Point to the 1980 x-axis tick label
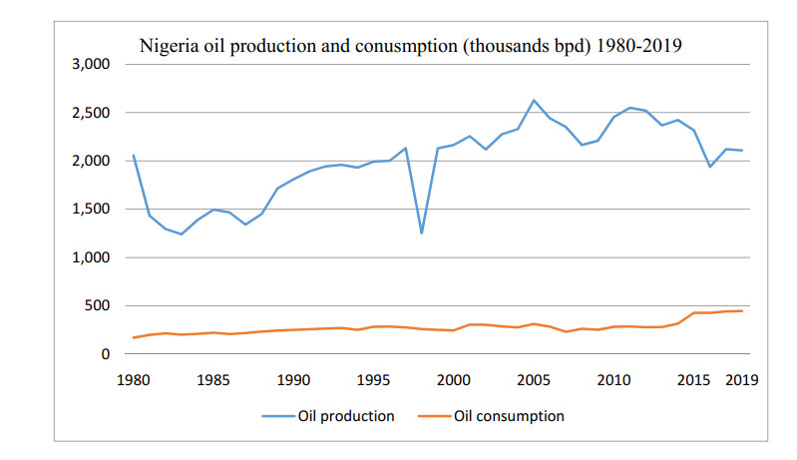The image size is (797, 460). click(x=133, y=379)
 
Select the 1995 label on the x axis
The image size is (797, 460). click(x=373, y=379)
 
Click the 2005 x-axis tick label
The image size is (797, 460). click(x=534, y=379)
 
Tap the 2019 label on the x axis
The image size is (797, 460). click(x=741, y=379)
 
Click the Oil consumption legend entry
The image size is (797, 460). click(x=509, y=416)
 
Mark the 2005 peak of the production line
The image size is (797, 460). click(x=534, y=100)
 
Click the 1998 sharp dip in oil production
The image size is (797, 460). click(x=422, y=233)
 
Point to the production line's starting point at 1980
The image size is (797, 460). click(x=133, y=156)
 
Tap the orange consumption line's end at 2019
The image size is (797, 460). click(x=742, y=310)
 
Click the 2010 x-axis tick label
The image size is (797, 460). click(x=613, y=379)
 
